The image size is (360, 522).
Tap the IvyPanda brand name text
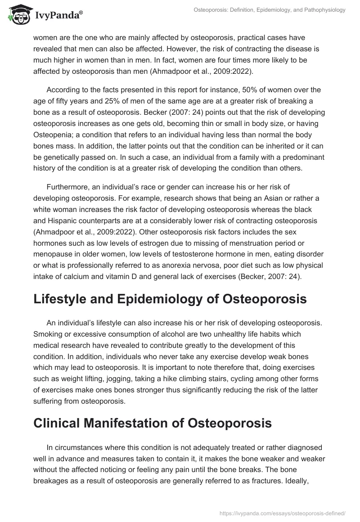point(58,15)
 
